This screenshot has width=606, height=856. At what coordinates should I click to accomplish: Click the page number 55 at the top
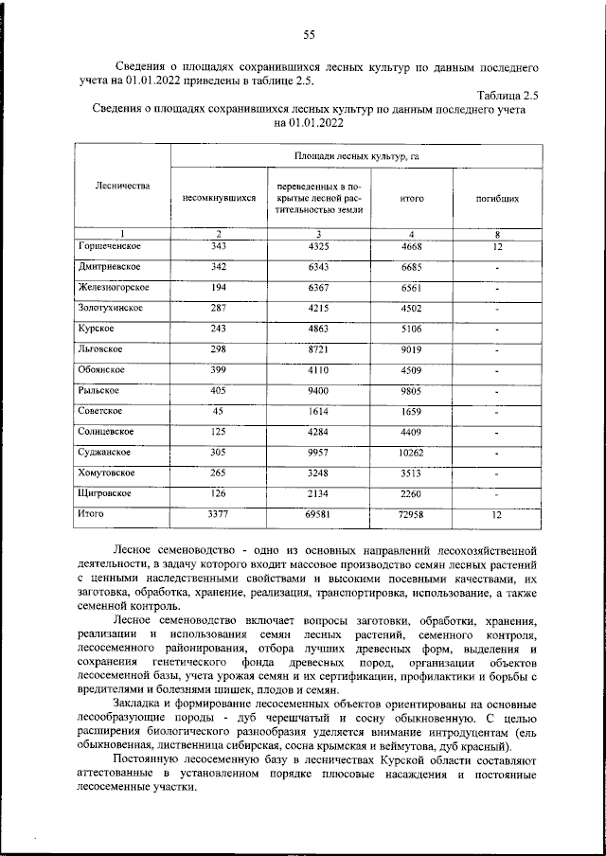(x=309, y=35)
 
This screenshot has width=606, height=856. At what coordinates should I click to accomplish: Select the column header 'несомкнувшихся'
(x=219, y=200)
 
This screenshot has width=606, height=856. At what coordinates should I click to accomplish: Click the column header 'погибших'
(x=496, y=200)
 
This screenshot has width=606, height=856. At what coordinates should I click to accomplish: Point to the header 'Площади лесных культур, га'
(x=356, y=154)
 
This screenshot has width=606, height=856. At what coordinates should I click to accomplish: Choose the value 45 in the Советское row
(x=219, y=411)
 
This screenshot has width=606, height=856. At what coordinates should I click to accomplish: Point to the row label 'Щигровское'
(x=103, y=493)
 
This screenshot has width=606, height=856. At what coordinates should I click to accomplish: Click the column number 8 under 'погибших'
(x=496, y=234)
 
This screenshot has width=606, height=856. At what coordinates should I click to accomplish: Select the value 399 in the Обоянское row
(x=219, y=369)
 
